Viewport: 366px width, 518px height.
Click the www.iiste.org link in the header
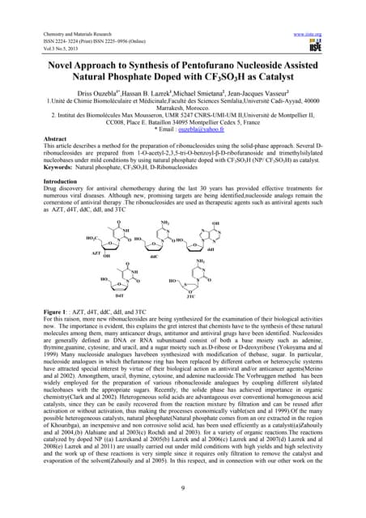[327, 12]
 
